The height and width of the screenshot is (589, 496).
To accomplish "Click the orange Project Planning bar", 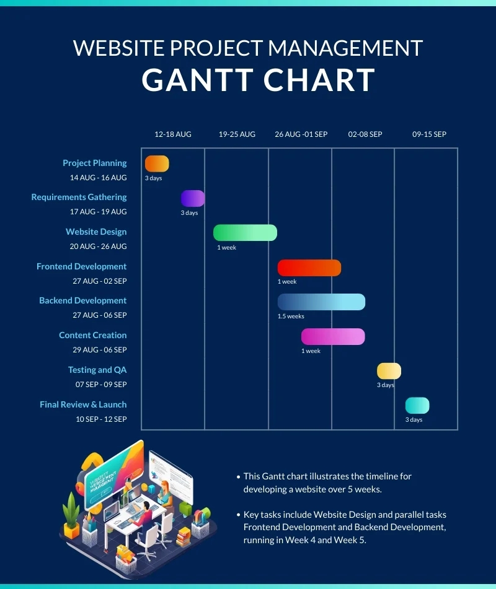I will pos(157,164).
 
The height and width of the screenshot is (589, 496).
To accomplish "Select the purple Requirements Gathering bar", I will pos(193,198).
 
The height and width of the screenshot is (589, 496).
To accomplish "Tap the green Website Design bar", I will pos(245,233).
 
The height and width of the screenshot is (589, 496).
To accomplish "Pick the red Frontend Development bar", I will pos(309,268).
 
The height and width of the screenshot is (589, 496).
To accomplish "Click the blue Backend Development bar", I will pos(321,302).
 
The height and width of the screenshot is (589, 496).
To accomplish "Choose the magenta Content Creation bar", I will pos(333,336).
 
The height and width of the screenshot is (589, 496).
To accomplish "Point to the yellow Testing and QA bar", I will pos(389,371).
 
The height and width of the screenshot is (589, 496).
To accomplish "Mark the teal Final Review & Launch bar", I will pos(417,406).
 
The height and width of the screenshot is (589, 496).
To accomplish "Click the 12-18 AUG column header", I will pos(173,134).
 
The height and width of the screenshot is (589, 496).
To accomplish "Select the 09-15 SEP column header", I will pos(429,134).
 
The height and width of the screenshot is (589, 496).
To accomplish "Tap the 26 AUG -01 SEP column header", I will pos(301,134).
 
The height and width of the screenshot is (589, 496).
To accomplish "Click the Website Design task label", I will pos(96,232).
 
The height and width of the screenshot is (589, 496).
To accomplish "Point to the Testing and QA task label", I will pos(97,370).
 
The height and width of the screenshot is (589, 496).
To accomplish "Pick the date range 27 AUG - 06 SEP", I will pos(99,315).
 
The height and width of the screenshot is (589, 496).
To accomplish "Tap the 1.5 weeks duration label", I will pos(291,316).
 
